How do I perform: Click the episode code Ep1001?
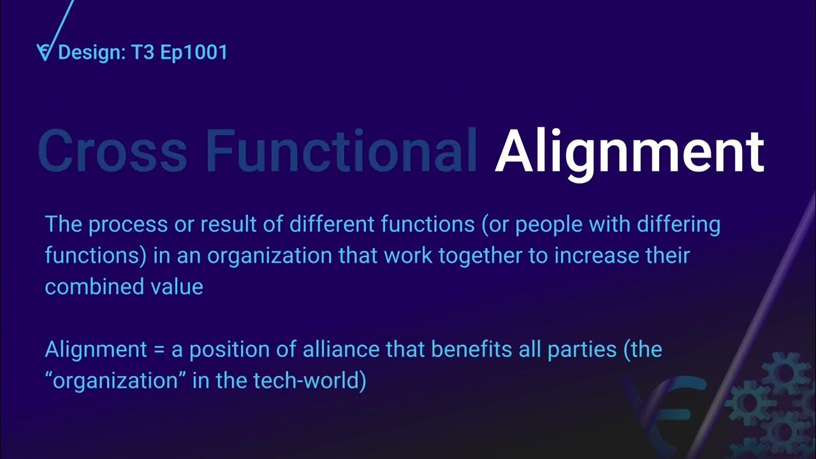pos(194,52)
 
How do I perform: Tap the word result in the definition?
pos(216,225)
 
